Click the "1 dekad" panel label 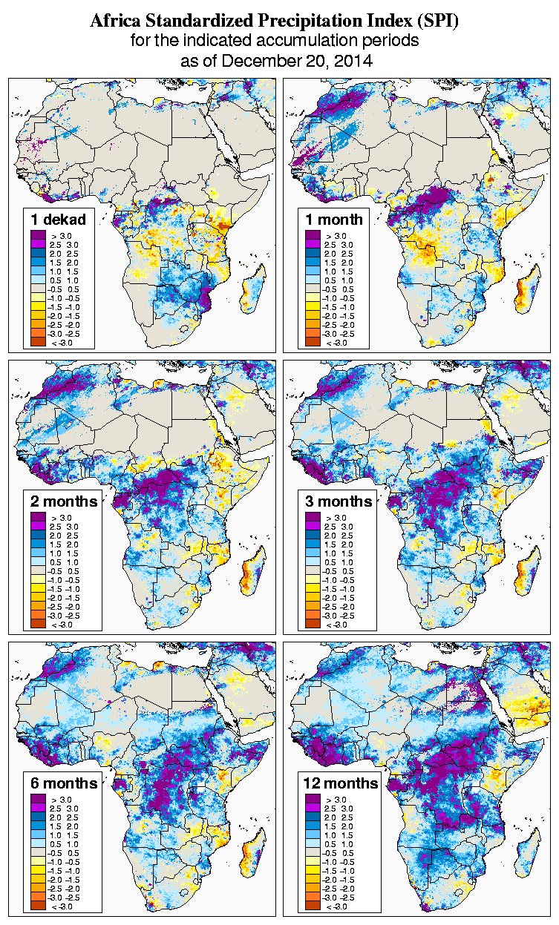[x=59, y=220]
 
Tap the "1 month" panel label [x=334, y=220]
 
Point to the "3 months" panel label [x=339, y=501]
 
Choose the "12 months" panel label [x=341, y=783]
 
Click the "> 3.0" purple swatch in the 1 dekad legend [x=38, y=235]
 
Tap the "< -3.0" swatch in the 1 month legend [x=313, y=342]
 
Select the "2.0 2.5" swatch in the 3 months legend [x=313, y=535]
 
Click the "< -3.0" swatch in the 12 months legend [x=313, y=906]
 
